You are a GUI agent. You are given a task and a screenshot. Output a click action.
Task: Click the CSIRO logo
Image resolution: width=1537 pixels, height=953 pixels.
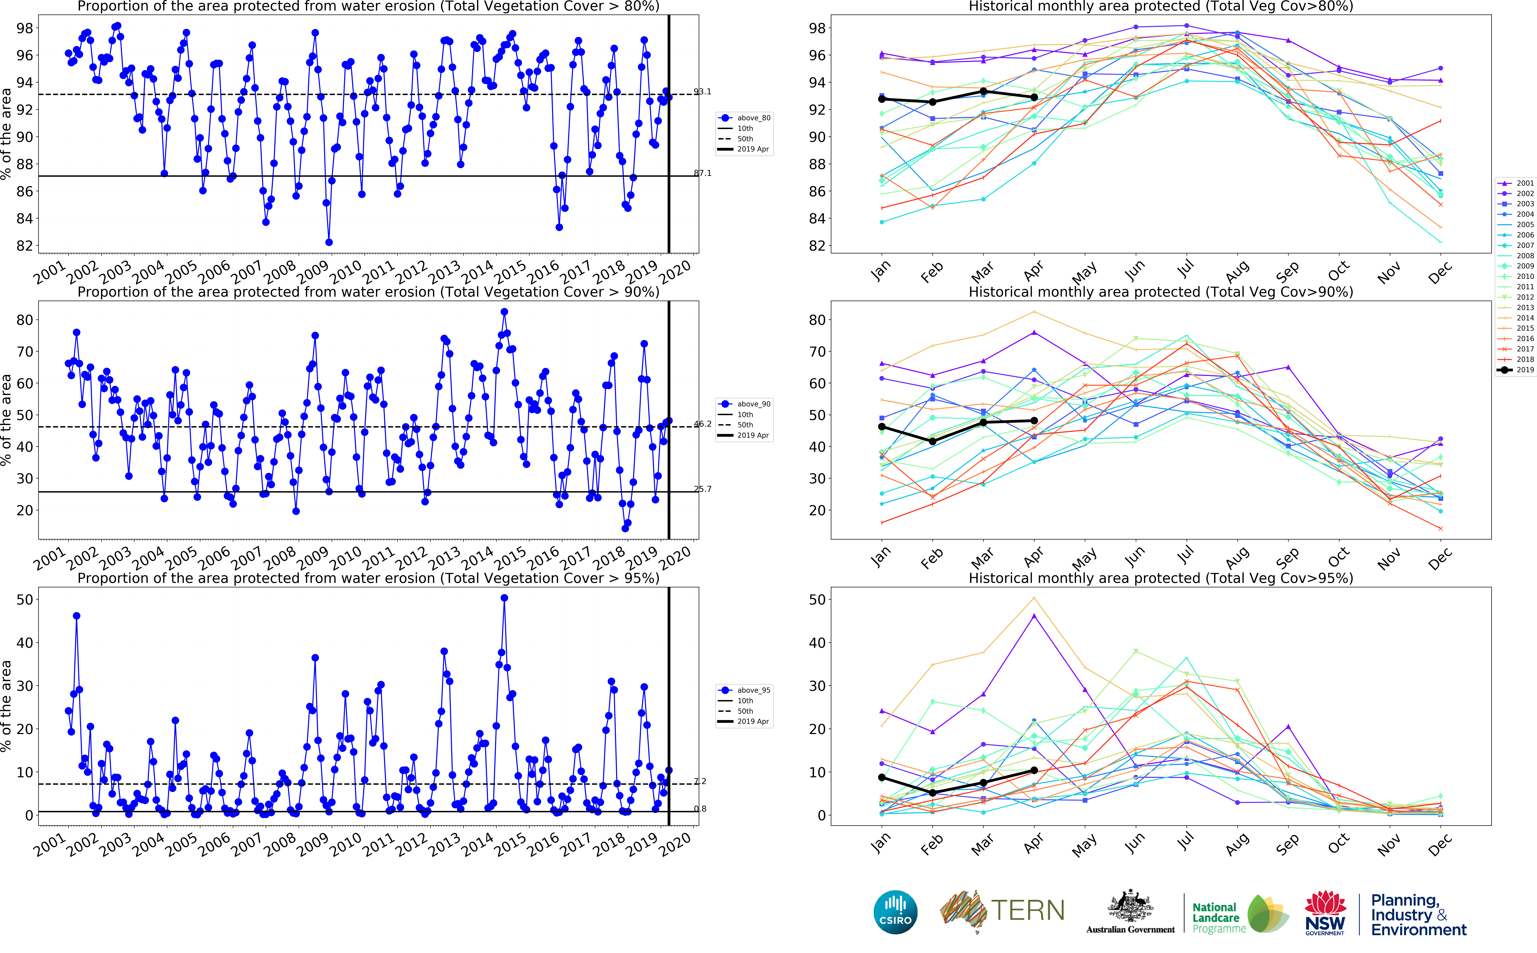[895, 912]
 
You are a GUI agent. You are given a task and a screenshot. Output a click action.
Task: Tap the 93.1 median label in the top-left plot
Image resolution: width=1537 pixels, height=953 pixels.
[702, 92]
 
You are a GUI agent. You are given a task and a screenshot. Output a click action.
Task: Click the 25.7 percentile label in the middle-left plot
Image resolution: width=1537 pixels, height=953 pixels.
[702, 489]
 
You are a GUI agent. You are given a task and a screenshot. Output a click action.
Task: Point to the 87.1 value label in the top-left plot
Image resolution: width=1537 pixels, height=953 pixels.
[702, 173]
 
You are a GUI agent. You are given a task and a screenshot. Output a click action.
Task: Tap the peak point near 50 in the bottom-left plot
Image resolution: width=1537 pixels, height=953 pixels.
[504, 598]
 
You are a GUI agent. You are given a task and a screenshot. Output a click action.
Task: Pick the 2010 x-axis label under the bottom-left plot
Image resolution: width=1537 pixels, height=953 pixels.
[346, 845]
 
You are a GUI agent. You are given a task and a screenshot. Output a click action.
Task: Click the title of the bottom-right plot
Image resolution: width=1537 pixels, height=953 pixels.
[1160, 578]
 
